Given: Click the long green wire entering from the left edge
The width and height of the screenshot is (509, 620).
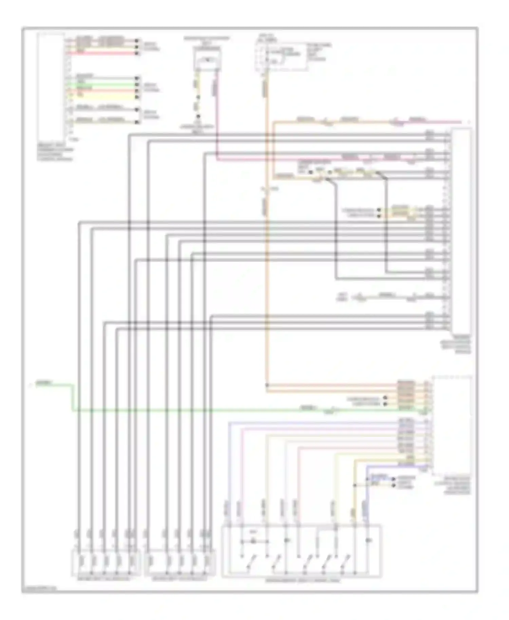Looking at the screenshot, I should [204, 411].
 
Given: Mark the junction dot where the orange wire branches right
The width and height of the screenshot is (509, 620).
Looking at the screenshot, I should [267, 385].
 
